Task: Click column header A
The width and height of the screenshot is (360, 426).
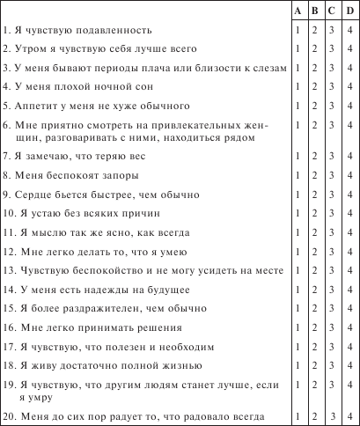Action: (x=298, y=11)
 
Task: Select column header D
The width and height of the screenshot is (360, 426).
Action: (x=351, y=11)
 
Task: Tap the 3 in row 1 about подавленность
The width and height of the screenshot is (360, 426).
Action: (x=333, y=30)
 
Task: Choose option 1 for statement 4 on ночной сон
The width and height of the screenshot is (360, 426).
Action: (x=298, y=86)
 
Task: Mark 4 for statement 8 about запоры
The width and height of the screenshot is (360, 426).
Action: (x=351, y=174)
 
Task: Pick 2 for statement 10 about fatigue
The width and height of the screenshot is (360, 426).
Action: (x=315, y=212)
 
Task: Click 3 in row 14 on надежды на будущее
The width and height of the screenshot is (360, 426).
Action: (x=333, y=290)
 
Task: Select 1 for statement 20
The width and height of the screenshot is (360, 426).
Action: (x=298, y=414)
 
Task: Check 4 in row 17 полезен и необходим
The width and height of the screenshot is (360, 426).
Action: (x=351, y=347)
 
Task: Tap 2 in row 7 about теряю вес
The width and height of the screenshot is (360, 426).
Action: (x=315, y=155)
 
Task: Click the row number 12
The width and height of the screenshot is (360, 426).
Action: (x=8, y=251)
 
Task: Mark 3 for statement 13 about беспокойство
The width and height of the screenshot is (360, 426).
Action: (x=333, y=270)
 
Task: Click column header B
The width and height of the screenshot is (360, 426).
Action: (x=315, y=11)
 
